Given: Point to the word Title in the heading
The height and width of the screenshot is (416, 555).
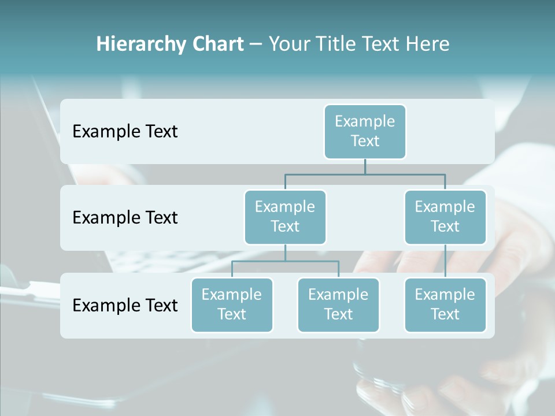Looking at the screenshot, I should [x=338, y=44].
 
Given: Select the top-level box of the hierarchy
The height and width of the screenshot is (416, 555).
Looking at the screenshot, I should [x=365, y=131].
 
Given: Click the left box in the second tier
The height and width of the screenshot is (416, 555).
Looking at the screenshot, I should [x=285, y=217].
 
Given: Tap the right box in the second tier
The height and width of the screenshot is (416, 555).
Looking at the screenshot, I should [x=445, y=217].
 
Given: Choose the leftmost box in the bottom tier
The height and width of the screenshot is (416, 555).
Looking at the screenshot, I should [x=232, y=304].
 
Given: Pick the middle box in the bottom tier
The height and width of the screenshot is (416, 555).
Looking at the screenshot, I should [x=338, y=304].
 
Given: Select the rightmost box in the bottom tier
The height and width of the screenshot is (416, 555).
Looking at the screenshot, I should [x=445, y=304].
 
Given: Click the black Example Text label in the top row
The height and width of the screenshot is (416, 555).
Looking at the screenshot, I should [x=125, y=131].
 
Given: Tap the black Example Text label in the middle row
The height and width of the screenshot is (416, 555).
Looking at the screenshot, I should [x=125, y=217].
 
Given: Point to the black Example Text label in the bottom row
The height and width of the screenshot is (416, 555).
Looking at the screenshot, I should [x=125, y=305].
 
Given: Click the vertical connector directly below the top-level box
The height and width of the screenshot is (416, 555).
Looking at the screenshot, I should [x=365, y=166].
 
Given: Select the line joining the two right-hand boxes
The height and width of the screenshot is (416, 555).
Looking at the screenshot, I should [x=445, y=261].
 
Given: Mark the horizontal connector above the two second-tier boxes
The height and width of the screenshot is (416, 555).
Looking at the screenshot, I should [x=365, y=174].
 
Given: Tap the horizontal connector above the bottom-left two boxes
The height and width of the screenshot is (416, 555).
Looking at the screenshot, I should [x=285, y=261].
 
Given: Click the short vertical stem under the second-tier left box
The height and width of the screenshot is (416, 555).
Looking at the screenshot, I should [x=285, y=252].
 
